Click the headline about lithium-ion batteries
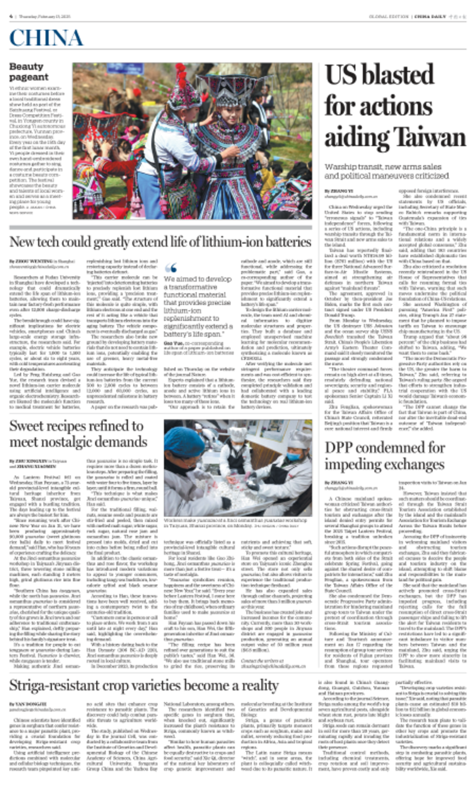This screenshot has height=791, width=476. (159, 242)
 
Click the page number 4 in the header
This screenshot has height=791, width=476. (11, 15)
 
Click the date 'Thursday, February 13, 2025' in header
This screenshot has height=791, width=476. (39, 15)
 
